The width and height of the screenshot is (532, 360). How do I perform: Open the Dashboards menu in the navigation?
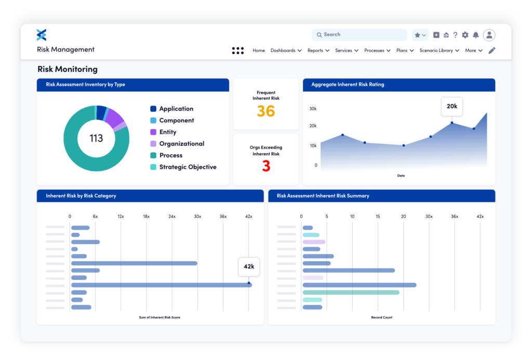click(286, 50)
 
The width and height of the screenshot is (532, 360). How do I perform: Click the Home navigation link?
click(259, 50)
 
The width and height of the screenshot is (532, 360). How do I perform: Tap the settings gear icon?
click(465, 35)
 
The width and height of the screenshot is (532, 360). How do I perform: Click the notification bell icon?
click(475, 35)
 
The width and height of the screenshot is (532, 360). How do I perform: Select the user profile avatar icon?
click(489, 35)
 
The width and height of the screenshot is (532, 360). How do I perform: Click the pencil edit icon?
click(491, 50)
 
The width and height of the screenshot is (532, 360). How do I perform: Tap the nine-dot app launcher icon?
click(237, 50)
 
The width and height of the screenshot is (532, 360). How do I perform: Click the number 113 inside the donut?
click(96, 138)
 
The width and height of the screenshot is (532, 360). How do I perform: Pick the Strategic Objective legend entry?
click(188, 167)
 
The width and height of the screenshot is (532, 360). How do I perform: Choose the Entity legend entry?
click(167, 132)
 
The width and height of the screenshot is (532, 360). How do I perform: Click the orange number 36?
click(266, 111)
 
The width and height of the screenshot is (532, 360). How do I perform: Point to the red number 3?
click(266, 166)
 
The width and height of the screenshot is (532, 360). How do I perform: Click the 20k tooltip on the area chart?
click(451, 106)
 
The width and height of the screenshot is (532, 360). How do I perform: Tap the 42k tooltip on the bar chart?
click(249, 266)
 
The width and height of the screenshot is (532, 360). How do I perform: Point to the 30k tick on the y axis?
click(313, 109)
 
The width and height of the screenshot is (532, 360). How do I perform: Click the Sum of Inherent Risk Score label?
click(159, 317)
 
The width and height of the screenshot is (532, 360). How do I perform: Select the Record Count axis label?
click(381, 317)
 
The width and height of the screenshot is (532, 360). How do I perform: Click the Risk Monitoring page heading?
click(68, 69)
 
